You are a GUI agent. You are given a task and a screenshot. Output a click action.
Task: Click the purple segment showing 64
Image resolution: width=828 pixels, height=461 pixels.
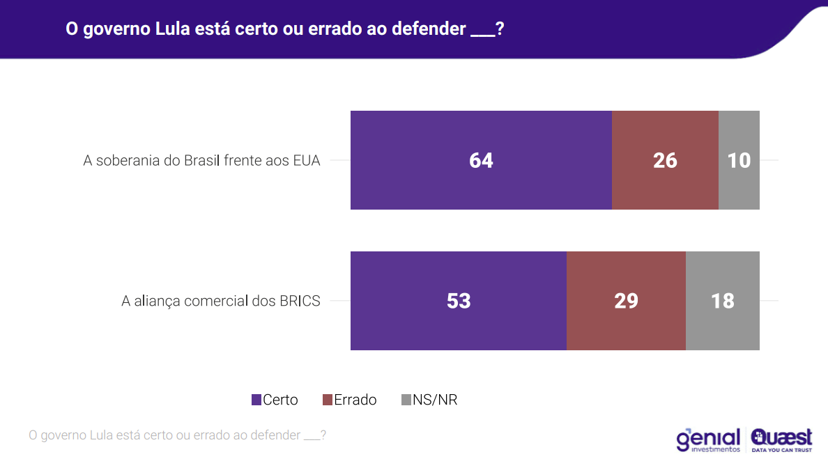481,160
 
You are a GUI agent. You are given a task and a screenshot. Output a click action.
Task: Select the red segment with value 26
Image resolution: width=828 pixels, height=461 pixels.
665,160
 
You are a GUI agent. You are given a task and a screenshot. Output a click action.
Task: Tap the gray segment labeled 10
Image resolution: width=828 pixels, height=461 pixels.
739,160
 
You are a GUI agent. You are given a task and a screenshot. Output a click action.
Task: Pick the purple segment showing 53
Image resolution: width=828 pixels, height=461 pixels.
459,301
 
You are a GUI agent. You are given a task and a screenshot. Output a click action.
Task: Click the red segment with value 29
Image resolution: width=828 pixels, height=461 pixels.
626,301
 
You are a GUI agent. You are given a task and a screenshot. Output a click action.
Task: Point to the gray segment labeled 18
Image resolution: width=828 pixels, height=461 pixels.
723,301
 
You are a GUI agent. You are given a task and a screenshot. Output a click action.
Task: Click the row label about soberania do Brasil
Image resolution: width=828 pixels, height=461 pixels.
201,161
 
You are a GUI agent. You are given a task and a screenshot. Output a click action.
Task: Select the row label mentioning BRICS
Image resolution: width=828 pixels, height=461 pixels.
220,302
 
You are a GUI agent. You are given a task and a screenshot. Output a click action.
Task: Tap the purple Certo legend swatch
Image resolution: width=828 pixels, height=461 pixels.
256,400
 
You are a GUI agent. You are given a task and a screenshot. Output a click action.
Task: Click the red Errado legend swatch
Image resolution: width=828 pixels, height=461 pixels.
328,400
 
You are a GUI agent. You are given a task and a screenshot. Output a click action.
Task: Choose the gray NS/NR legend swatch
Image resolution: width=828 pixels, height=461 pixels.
406,400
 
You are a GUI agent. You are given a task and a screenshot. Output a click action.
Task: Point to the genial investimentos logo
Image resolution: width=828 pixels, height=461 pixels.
707,440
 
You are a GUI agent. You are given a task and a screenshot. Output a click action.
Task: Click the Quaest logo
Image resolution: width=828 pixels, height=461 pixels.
781,440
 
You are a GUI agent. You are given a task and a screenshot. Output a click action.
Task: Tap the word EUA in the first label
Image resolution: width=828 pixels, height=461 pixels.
307,161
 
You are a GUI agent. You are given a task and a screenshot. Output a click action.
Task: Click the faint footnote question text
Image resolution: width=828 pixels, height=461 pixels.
177,435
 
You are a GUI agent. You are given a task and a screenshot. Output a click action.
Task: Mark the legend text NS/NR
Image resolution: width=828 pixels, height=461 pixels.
435,400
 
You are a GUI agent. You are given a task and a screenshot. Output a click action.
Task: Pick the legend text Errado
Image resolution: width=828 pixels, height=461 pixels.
355,400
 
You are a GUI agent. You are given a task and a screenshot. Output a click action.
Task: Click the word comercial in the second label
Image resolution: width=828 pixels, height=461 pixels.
216,302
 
